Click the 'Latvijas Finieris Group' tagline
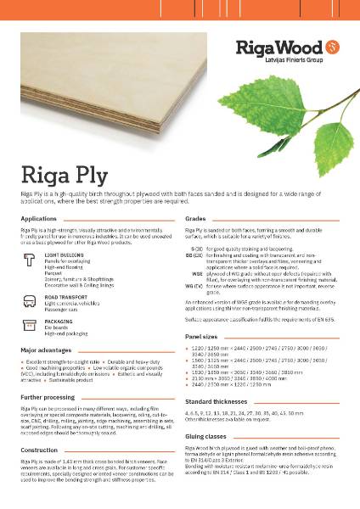coord(287,57)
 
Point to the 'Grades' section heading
coord(196,218)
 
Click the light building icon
coord(31,259)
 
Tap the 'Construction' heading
coord(39,450)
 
